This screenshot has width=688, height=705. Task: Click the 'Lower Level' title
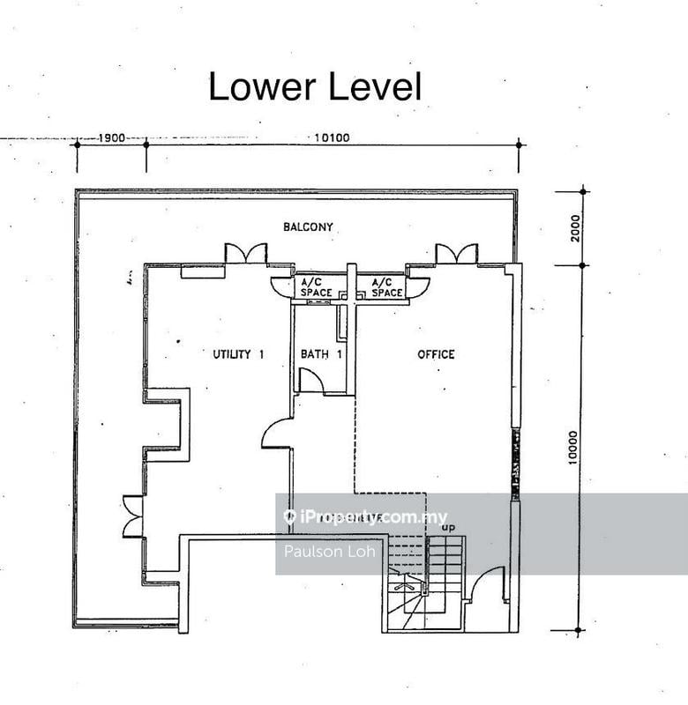click(315, 87)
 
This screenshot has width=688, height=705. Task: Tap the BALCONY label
click(308, 227)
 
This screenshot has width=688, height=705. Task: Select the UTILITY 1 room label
click(238, 354)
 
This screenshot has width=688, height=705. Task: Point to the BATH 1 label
click(321, 354)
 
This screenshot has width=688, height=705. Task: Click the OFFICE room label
click(436, 354)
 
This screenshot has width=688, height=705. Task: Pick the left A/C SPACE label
click(316, 287)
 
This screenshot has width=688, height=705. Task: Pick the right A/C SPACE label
click(387, 287)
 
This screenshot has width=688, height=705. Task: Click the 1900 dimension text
click(111, 138)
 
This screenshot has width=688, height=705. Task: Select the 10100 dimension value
click(333, 137)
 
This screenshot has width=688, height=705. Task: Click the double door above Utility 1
click(246, 254)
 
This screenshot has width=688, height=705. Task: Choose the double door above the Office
click(457, 254)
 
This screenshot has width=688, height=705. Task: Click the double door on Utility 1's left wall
click(133, 516)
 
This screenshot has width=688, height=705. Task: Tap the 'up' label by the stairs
click(449, 528)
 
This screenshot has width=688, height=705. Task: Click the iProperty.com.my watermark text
click(365, 517)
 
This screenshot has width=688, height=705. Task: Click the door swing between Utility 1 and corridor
click(277, 434)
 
